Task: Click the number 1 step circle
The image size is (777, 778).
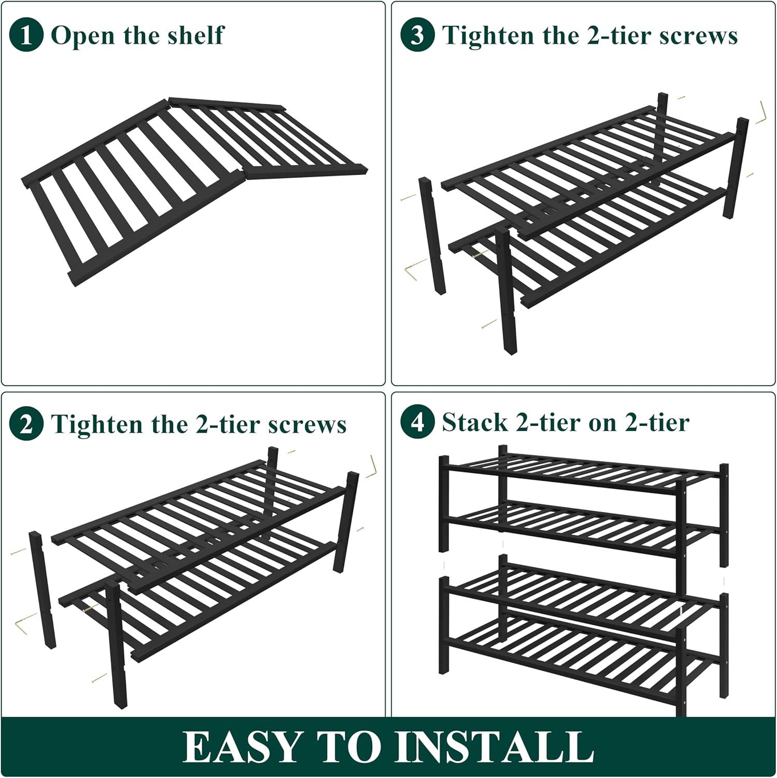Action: pyautogui.click(x=26, y=35)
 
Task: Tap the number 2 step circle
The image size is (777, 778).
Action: pyautogui.click(x=26, y=424)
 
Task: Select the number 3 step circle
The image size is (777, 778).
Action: pyautogui.click(x=417, y=35)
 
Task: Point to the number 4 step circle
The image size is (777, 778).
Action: pyautogui.click(x=417, y=422)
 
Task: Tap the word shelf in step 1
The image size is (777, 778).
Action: pyautogui.click(x=198, y=35)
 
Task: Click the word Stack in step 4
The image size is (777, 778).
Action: pyautogui.click(x=475, y=422)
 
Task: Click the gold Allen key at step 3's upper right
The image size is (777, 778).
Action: pyautogui.click(x=761, y=114)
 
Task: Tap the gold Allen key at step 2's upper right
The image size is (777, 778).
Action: pyautogui.click(x=371, y=467)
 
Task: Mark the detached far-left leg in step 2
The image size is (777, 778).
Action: pyautogui.click(x=43, y=590)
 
